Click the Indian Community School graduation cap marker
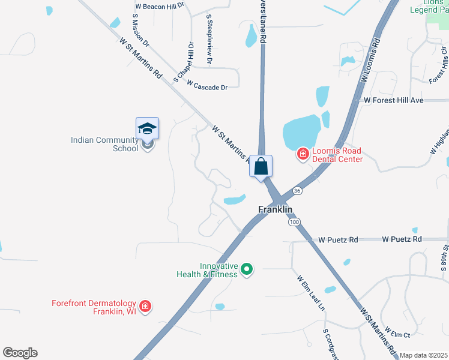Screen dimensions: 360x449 click(x=147, y=129)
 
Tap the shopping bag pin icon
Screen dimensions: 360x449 click(x=261, y=166)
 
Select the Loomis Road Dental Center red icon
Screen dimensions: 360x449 click(x=303, y=155)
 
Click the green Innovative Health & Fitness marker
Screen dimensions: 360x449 click(x=246, y=270)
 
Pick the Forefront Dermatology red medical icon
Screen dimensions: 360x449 click(x=145, y=307)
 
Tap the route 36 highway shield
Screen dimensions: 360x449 click(x=297, y=190)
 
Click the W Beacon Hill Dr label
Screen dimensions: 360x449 click(x=160, y=5)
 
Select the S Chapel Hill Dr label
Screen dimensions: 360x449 click(x=184, y=62)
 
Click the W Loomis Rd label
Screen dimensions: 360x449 click(x=371, y=61)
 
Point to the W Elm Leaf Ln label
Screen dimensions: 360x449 click(x=310, y=293)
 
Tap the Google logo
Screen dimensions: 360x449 click(x=20, y=353)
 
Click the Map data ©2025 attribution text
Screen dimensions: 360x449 click(x=424, y=355)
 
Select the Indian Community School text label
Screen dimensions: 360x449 click(x=104, y=144)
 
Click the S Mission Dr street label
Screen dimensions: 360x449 click(x=139, y=29)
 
